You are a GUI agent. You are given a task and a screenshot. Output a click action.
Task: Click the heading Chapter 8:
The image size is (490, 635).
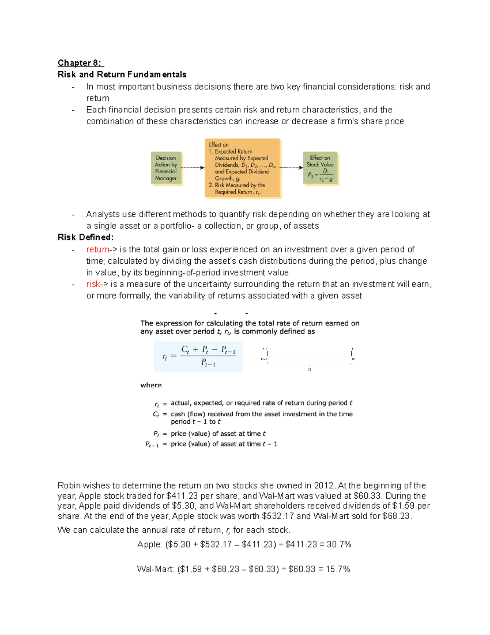pos(80,63)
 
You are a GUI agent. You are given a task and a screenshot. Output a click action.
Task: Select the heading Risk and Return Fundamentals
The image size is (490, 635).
pos(122,74)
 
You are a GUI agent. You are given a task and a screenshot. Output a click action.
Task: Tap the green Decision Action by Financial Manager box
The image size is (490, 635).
pos(166,168)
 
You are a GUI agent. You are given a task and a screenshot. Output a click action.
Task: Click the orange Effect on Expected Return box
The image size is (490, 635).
pos(242,168)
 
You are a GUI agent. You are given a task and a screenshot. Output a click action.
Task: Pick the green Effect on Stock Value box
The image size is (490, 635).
pos(320,168)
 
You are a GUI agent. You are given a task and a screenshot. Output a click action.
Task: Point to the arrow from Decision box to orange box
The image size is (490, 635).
pos(192,168)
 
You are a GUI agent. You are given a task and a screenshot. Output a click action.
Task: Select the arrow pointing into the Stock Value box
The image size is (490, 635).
pos(291,168)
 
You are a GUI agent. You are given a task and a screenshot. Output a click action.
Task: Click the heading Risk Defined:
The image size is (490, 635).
pos(85,237)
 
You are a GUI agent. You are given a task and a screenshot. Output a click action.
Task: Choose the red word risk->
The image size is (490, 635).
pos(97,284)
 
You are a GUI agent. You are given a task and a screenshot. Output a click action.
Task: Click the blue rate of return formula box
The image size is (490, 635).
pos(198,356)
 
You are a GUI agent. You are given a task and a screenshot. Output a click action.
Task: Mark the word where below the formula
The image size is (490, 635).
pos(151,385)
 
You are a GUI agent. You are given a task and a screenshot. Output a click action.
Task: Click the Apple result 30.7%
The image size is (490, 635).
pos(339,544)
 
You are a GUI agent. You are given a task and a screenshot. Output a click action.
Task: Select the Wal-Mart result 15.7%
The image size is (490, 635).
pos(338,569)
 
